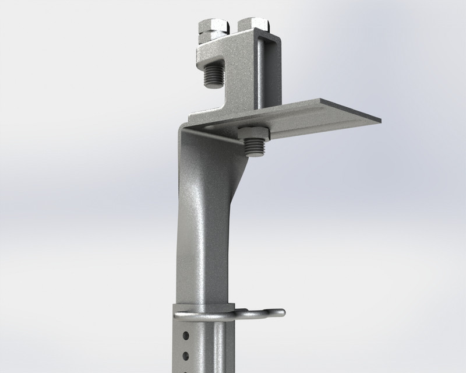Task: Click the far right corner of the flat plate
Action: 380,121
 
